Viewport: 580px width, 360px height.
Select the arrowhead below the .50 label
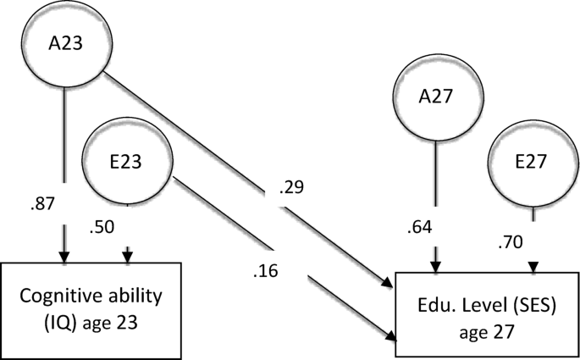tap(128, 257)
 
